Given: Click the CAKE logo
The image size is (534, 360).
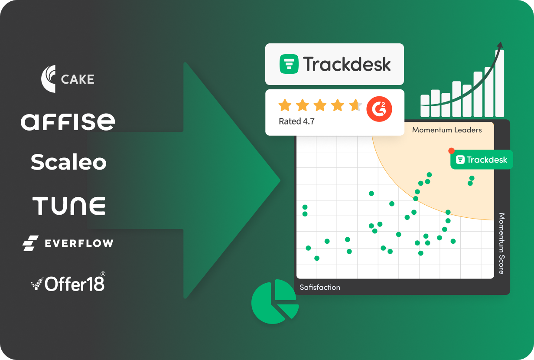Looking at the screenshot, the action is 68,79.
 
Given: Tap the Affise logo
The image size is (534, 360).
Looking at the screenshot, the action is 68,122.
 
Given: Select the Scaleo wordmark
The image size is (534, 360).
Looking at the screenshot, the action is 68,162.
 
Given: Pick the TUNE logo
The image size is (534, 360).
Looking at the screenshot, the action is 68,206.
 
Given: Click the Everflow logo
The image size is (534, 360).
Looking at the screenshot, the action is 68,243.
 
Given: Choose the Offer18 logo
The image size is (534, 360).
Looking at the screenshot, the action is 68,282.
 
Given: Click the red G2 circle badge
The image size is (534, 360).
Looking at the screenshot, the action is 379,109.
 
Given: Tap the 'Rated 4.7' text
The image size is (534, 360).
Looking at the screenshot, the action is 296,121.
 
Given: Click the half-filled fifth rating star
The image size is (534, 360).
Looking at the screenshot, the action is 355,105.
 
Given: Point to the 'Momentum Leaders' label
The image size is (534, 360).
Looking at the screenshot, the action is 447,130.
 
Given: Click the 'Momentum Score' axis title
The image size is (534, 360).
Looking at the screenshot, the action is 501,243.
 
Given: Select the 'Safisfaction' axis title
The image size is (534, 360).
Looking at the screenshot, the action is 320,287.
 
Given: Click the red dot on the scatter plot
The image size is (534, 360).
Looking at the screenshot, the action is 451,151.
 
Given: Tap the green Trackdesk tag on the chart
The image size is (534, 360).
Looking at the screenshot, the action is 482,160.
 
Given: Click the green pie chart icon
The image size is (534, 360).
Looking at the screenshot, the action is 275,301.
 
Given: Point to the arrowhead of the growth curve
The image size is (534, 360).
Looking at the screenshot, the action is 500,45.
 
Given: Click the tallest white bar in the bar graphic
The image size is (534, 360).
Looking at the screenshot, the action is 500,83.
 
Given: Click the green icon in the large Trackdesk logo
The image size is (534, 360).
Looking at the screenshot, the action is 289,64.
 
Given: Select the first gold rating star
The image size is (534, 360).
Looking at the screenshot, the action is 285,105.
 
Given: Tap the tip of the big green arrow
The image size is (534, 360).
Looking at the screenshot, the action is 280,180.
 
